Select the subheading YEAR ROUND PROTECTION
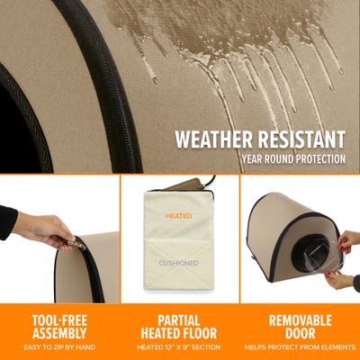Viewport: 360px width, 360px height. click(x=293, y=160)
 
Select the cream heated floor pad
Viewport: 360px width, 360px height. click(x=179, y=243)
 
